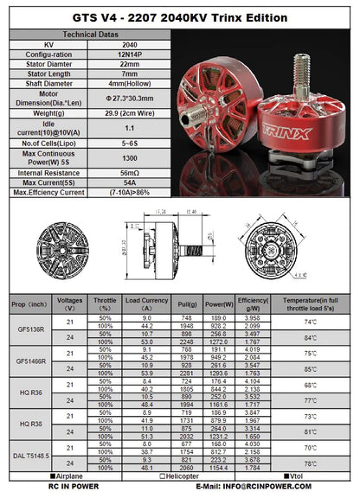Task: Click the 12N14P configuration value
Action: click(x=129, y=54)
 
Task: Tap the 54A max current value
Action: click(x=129, y=183)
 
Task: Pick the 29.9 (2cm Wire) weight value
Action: click(x=129, y=112)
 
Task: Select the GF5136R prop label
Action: click(x=28, y=329)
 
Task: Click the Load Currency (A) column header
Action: click(x=145, y=303)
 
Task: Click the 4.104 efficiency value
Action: click(x=247, y=380)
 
